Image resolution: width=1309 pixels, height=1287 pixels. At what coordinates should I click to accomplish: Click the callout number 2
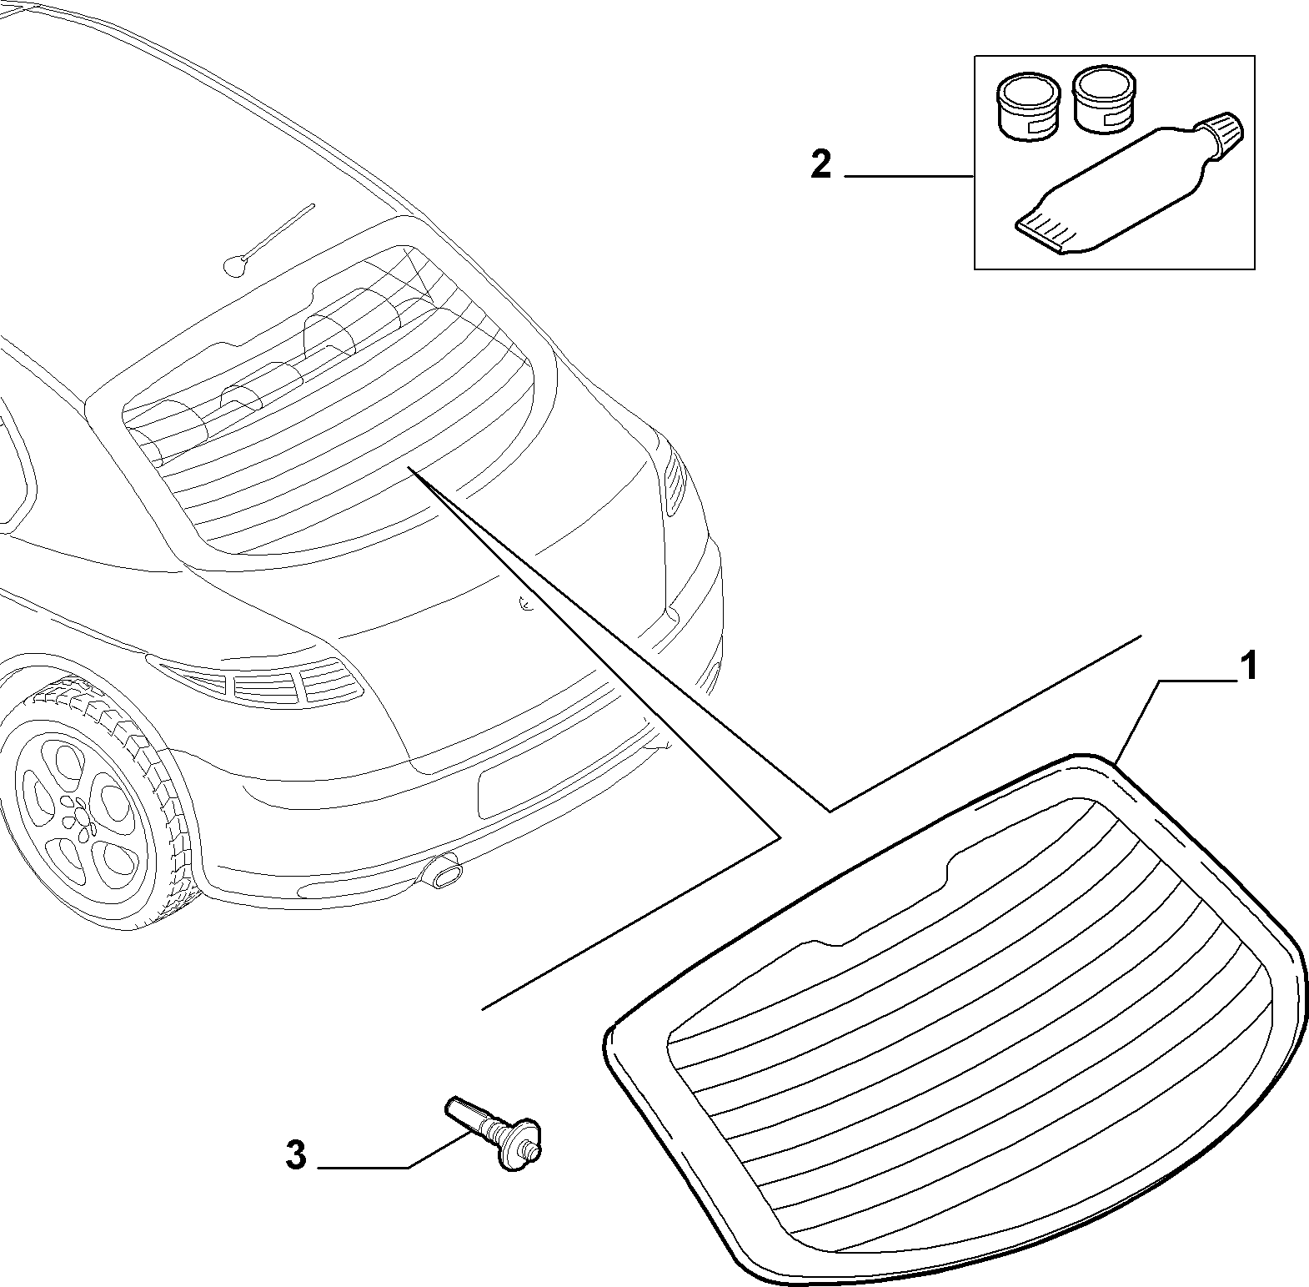(821, 164)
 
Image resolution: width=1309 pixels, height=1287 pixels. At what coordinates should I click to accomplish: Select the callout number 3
(296, 1155)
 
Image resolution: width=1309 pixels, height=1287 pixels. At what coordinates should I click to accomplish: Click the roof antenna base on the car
(235, 266)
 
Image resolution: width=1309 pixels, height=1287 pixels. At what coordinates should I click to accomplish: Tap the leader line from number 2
(910, 176)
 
